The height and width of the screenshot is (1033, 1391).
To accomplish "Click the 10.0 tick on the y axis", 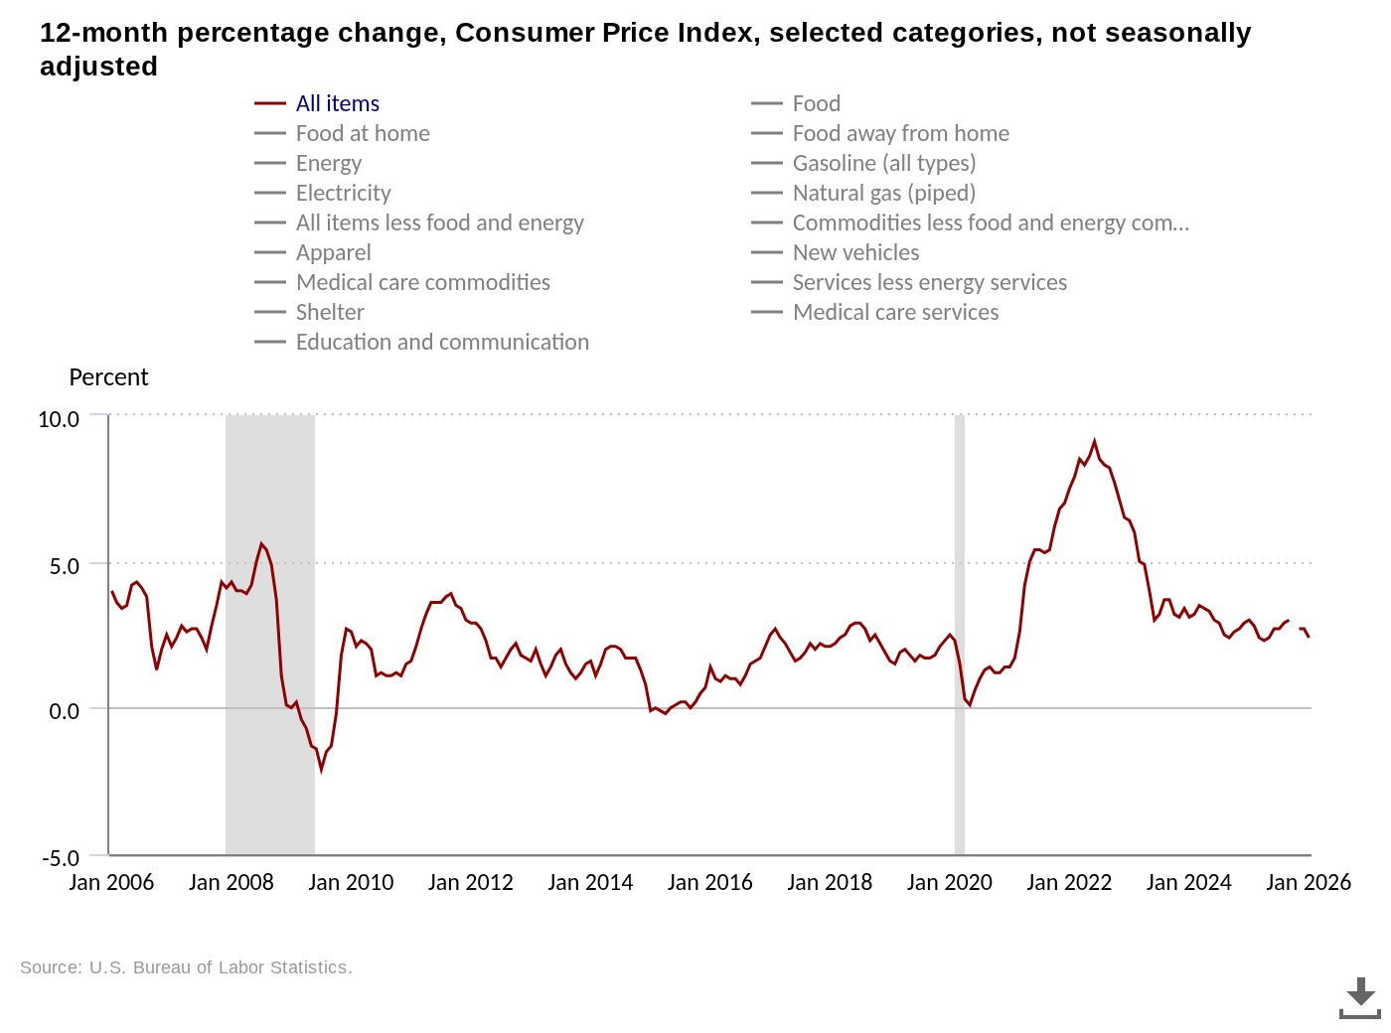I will pyautogui.click(x=59, y=419).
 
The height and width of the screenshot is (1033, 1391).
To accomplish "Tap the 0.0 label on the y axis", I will pyautogui.click(x=64, y=711).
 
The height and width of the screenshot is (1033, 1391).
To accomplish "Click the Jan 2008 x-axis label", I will pyautogui.click(x=231, y=882).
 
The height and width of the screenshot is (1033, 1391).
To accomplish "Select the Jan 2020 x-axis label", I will pyautogui.click(x=949, y=882).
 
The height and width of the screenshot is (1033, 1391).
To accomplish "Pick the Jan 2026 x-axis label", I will pyautogui.click(x=1308, y=882).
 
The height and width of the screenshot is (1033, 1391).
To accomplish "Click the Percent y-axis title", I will pyautogui.click(x=108, y=377).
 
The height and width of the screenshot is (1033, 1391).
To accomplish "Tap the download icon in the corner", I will pyautogui.click(x=1359, y=997).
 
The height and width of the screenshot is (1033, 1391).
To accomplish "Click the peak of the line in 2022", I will pyautogui.click(x=1094, y=442).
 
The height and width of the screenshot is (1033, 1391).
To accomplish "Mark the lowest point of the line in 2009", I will pyautogui.click(x=321, y=769).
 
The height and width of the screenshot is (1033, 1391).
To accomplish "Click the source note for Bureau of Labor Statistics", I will pyautogui.click(x=186, y=967).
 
